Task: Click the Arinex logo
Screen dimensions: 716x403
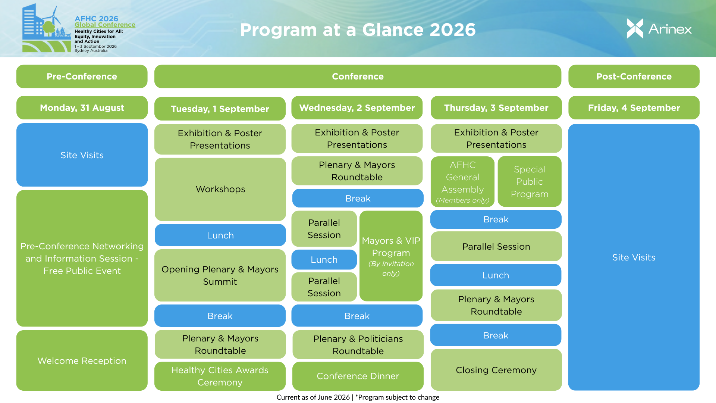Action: tap(659, 29)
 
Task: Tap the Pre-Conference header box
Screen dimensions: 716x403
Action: tap(82, 76)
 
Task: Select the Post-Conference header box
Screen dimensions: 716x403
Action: tap(634, 76)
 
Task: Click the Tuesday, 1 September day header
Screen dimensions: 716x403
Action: tap(220, 109)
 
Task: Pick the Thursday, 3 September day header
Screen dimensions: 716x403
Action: tap(496, 108)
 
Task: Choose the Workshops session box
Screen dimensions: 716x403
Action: tap(220, 189)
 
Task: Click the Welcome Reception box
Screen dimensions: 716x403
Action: tap(82, 360)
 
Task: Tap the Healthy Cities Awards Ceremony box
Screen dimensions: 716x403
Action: tap(220, 376)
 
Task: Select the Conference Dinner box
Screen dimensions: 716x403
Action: tap(358, 376)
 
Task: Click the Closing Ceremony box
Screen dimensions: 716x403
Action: tap(496, 370)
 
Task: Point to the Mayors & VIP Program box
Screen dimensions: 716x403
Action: tap(391, 256)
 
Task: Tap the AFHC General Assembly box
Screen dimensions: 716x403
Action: tap(463, 182)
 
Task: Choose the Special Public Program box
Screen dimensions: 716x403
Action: tap(530, 182)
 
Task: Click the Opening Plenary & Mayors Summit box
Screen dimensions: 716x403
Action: tap(220, 275)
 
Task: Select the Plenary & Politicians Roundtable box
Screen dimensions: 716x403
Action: tap(358, 345)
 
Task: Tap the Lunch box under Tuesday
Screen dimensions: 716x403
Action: tap(220, 235)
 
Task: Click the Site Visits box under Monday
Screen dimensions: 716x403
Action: tap(82, 155)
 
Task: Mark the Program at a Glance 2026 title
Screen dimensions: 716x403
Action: tap(358, 30)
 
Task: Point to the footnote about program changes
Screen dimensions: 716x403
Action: tap(358, 397)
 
